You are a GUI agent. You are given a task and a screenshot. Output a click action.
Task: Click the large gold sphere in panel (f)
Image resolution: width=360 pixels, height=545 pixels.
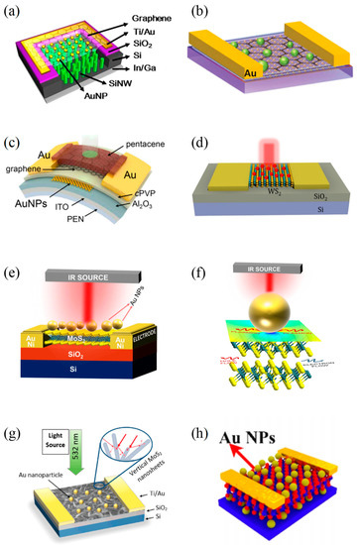point(270,312)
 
